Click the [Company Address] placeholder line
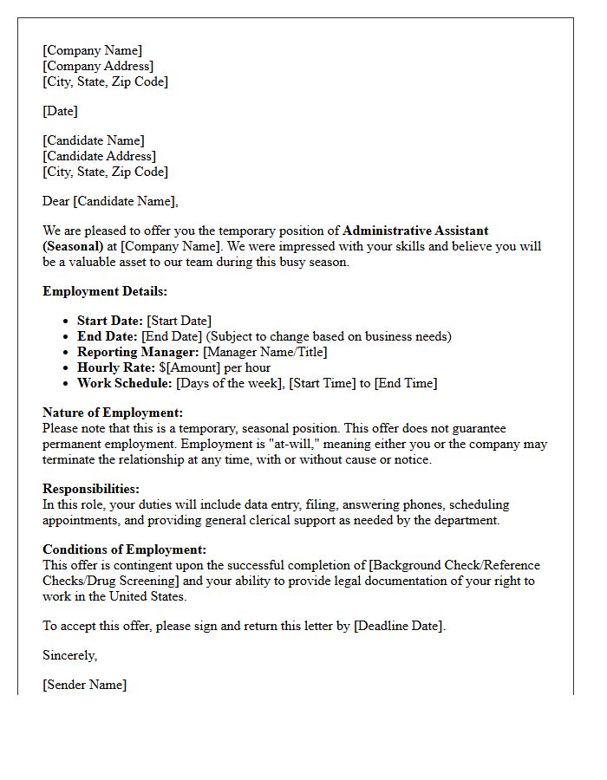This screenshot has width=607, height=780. (98, 66)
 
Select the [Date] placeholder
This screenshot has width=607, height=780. (60, 111)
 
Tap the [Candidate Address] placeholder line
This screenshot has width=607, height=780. (99, 156)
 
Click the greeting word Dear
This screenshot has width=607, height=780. (56, 201)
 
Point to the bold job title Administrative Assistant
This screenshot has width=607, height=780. (415, 231)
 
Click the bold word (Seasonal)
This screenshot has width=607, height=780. (74, 246)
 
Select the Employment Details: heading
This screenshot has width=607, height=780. (105, 291)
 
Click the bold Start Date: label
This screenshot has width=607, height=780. (109, 321)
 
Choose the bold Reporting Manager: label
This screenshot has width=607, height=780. (138, 352)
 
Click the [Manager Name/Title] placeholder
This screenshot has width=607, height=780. (265, 352)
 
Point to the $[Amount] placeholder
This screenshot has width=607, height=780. (188, 367)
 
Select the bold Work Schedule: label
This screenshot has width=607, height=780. (125, 383)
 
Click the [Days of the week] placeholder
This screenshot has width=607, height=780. (229, 383)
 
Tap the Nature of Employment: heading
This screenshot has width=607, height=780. (113, 413)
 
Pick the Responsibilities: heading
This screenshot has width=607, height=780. (91, 489)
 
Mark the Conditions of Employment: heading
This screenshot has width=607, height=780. (125, 549)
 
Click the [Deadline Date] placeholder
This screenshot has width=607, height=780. (399, 626)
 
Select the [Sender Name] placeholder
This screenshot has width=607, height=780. (84, 685)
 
